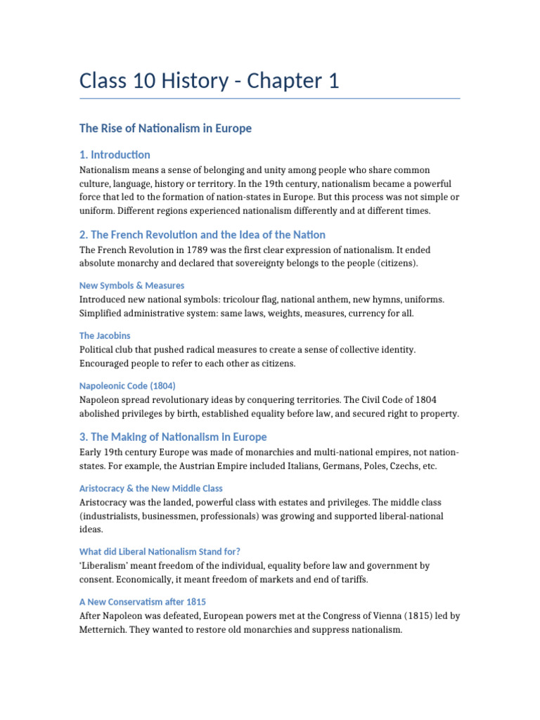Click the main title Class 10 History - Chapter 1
tap(210, 82)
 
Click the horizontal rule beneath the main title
tap(270, 98)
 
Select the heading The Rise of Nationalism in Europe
tap(165, 129)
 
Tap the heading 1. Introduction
tap(115, 155)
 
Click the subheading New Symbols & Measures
tap(132, 285)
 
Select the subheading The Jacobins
tap(105, 335)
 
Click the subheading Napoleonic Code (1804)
tap(127, 385)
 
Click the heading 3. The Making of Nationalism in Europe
tap(173, 437)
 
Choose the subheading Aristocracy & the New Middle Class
tap(151, 488)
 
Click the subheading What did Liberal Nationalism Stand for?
tap(165, 552)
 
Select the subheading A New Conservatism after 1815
tap(143, 602)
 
